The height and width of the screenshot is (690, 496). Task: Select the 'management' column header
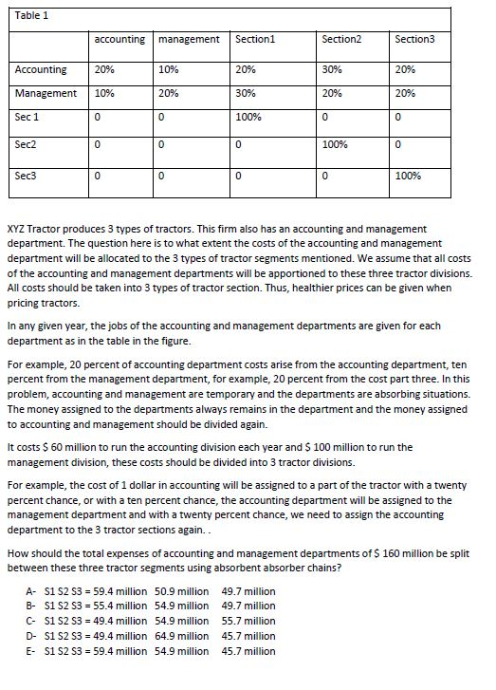pyautogui.click(x=188, y=39)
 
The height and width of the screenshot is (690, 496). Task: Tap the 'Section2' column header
pyautogui.click(x=340, y=39)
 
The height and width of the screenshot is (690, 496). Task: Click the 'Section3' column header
pyautogui.click(x=413, y=39)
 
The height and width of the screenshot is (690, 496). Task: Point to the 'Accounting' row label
pyautogui.click(x=41, y=69)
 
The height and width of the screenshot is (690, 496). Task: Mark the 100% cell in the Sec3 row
pyautogui.click(x=408, y=177)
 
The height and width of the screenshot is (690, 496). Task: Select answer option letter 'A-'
pyautogui.click(x=31, y=590)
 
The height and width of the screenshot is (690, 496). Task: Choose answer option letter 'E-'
pyautogui.click(x=31, y=651)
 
